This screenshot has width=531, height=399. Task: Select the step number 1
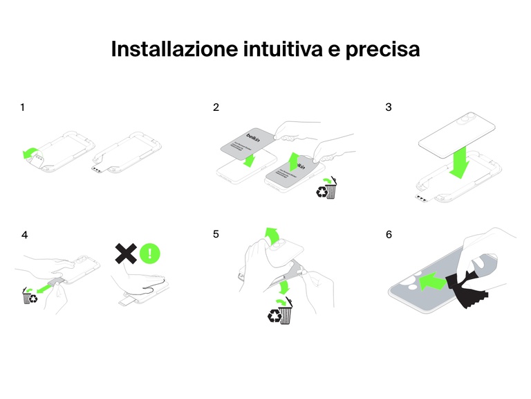[23, 107]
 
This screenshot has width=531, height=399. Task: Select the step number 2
[216, 107]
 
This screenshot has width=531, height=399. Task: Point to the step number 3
[389, 107]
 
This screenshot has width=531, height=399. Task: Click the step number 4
[24, 235]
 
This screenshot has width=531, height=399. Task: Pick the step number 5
[216, 235]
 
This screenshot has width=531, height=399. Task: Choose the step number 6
[389, 235]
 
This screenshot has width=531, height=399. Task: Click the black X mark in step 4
[125, 254]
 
